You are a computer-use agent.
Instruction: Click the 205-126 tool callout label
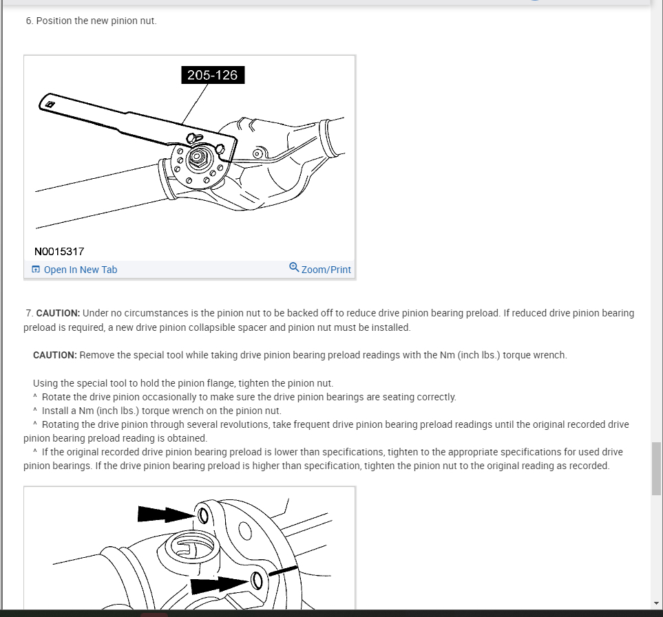(213, 75)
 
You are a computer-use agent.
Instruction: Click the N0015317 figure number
(59, 252)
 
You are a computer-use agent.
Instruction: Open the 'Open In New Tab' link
(80, 270)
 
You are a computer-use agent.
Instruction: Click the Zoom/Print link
(326, 270)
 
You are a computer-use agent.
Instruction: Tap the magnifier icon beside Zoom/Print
(294, 268)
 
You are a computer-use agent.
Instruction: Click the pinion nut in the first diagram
(198, 158)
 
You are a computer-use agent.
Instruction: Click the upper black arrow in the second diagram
(162, 513)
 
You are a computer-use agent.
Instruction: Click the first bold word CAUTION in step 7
(58, 313)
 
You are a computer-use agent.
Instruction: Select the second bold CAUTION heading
(54, 355)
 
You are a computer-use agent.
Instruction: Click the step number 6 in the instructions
(29, 21)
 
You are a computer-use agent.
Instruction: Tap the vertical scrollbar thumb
(656, 468)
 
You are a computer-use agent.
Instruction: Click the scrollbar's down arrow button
(656, 603)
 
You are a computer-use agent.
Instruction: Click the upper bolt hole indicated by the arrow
(202, 515)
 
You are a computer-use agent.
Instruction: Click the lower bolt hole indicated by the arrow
(257, 581)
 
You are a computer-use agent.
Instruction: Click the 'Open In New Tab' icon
(36, 270)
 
